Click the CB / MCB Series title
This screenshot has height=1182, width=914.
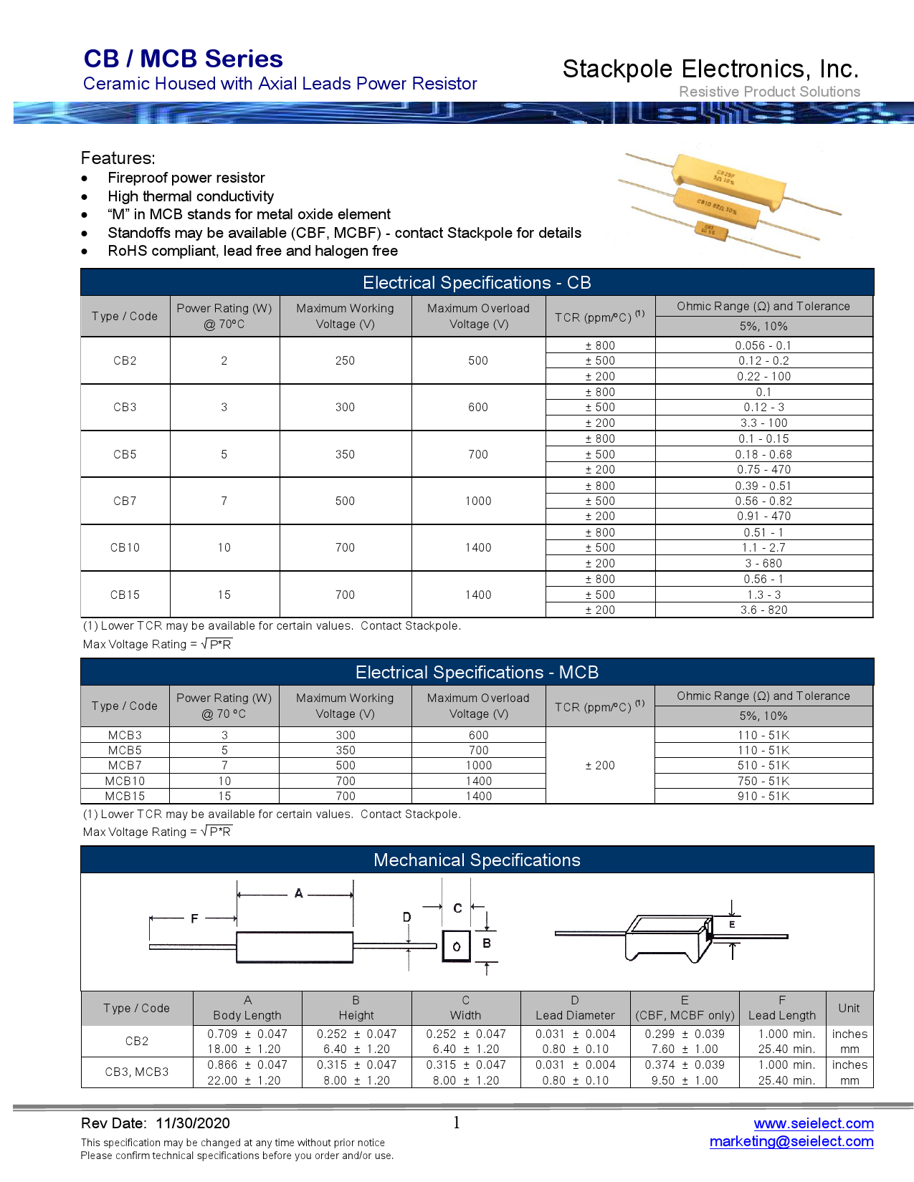coord(183,59)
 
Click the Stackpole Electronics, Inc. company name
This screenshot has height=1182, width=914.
coord(710,69)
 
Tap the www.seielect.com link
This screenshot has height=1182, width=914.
coord(813,1123)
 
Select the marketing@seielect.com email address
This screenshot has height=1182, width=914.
coord(791,1141)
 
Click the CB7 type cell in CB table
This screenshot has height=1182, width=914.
coord(125,501)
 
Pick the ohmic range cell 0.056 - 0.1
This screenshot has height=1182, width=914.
coord(763,345)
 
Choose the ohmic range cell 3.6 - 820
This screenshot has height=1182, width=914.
coord(763,610)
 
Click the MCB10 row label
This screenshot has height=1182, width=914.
coord(125,781)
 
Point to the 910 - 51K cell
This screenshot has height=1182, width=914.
coord(763,796)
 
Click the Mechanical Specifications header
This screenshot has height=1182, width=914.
coord(477,860)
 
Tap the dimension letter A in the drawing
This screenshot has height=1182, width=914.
coord(298,893)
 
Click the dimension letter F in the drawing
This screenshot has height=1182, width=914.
coord(194,918)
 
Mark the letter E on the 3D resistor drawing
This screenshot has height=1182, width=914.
coord(732,925)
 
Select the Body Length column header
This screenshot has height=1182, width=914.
coord(247,1008)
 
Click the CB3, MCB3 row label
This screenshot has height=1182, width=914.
coord(137,1072)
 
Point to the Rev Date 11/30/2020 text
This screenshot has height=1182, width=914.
coord(156,1123)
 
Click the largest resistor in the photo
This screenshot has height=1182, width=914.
coord(728,181)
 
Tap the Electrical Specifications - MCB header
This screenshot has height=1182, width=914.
coord(477,672)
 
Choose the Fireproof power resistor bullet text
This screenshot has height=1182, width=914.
coord(186,178)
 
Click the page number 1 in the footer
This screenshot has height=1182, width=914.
coord(457,1123)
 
